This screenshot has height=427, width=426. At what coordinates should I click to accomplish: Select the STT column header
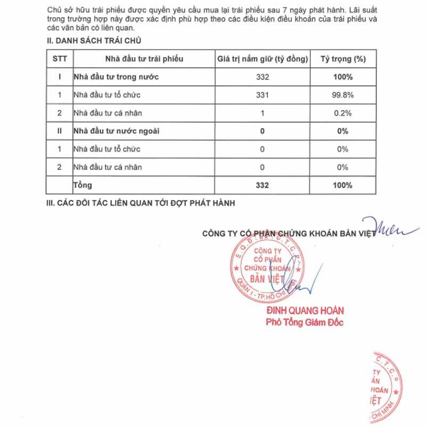coord(60,58)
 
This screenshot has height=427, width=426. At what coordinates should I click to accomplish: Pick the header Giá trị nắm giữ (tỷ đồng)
coord(263,58)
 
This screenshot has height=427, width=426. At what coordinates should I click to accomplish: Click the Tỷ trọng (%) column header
coord(342,58)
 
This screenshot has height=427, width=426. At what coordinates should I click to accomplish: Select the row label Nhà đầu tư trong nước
coord(117,77)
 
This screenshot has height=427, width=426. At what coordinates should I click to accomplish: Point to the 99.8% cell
coord(342,95)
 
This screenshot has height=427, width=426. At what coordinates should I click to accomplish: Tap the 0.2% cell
coord(342,113)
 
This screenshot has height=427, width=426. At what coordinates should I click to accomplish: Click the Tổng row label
coord(83,185)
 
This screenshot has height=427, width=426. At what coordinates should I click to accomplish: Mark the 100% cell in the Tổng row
coord(342,185)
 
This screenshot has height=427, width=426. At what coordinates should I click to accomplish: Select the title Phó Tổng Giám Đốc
coord(305,322)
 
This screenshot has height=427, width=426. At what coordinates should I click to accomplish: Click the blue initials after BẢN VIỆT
coord(387,228)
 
